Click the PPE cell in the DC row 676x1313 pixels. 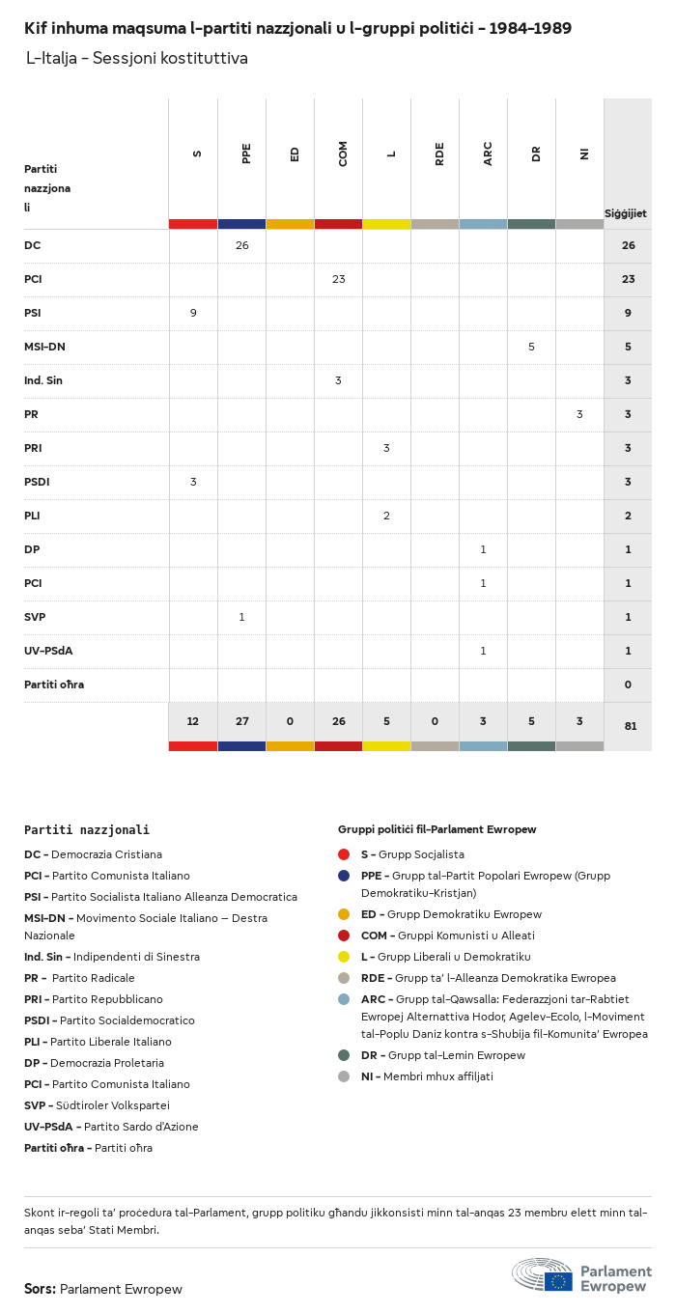click(x=241, y=245)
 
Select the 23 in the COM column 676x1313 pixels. click(x=338, y=279)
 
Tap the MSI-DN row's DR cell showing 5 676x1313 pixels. click(x=531, y=347)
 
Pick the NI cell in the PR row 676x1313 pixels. click(x=579, y=414)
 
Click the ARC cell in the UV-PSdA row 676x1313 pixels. click(x=483, y=651)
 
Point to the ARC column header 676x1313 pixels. click(x=488, y=154)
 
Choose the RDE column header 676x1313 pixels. click(x=439, y=154)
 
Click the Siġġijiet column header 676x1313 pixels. click(x=626, y=213)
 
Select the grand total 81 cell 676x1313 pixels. click(x=630, y=726)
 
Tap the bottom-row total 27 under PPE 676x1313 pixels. click(x=241, y=721)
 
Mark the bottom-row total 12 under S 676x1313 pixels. click(x=193, y=721)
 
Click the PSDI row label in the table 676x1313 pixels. click(x=38, y=482)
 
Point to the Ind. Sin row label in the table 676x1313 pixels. click(x=43, y=380)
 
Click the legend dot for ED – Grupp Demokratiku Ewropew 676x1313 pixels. click(x=344, y=914)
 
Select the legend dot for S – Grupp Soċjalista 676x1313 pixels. click(x=344, y=854)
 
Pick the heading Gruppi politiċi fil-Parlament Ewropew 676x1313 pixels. click(x=437, y=829)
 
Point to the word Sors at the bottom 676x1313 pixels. click(x=40, y=1289)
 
